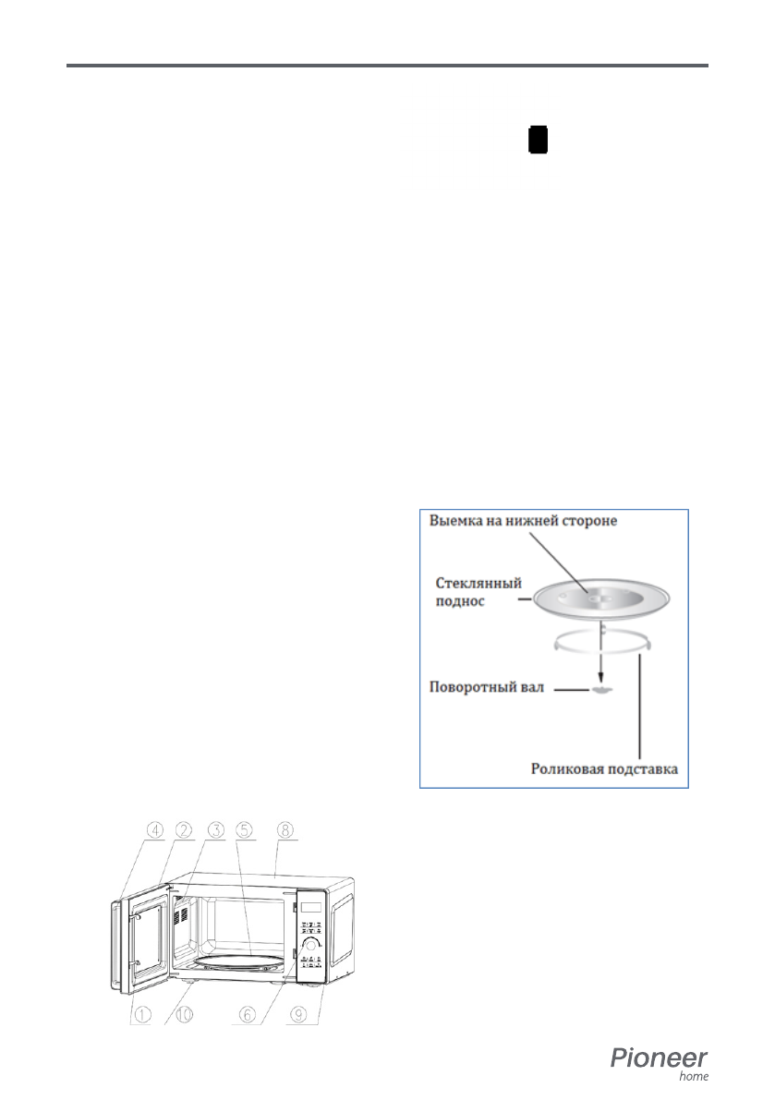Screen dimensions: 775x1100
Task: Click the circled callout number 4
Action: (153, 829)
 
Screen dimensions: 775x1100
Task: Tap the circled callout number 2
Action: (185, 829)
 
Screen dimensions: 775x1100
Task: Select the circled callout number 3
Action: (216, 829)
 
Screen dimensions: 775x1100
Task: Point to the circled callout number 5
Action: (247, 829)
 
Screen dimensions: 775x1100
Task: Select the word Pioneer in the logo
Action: (659, 1058)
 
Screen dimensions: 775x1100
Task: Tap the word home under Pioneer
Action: (694, 1076)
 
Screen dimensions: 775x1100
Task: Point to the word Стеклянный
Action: (478, 585)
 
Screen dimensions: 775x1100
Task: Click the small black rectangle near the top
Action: (538, 140)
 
